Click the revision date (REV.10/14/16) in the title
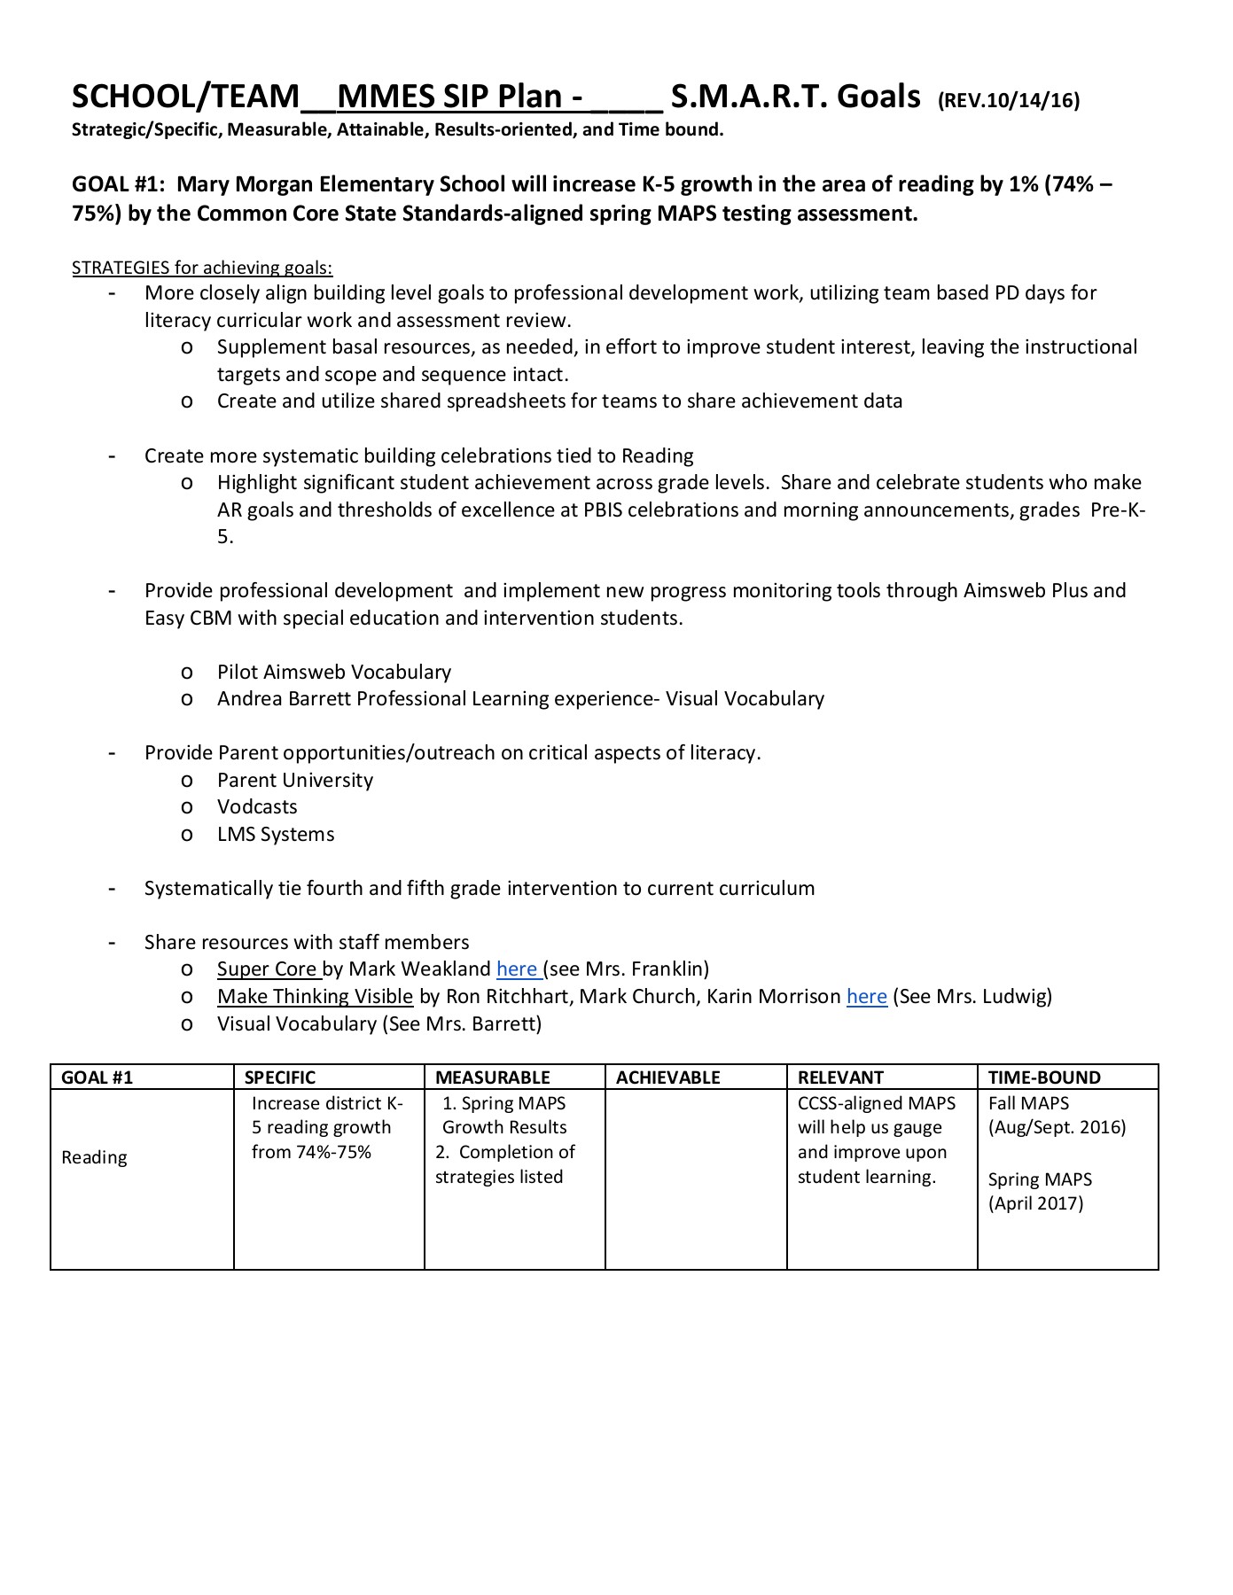1009,100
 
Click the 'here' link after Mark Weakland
518,969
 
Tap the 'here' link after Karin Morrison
867,997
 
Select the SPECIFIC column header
280,1078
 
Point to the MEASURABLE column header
493,1078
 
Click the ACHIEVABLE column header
668,1078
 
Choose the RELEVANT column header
840,1078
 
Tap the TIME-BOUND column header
1044,1078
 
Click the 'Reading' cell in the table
95,1157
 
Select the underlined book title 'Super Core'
267,969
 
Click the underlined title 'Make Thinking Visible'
315,997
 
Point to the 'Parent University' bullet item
295,781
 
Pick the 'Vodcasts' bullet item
257,807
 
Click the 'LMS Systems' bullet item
276,835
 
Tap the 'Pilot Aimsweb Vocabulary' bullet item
334,673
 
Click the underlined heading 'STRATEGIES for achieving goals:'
202,268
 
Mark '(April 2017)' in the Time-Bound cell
1035,1203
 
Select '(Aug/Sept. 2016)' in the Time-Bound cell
1057,1127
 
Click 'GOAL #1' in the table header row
98,1078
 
